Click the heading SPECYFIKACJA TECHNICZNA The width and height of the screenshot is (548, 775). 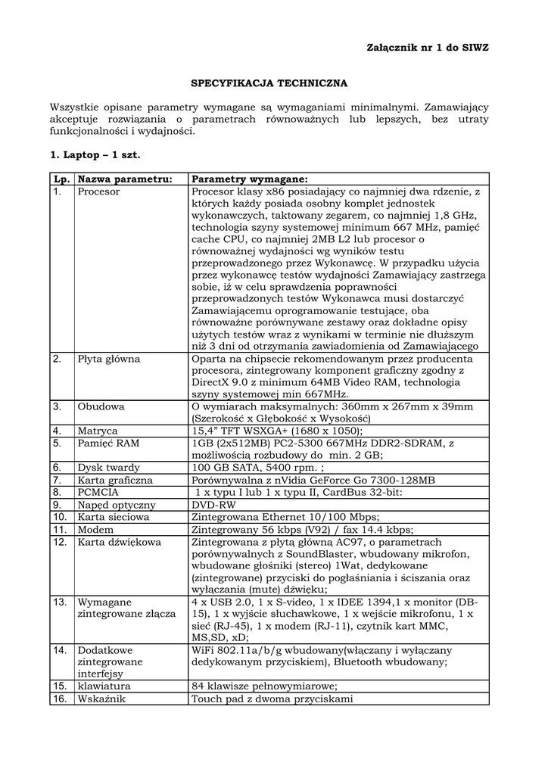click(x=268, y=82)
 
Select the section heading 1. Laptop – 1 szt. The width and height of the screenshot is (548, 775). click(x=95, y=154)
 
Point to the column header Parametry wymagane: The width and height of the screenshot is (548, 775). click(x=250, y=179)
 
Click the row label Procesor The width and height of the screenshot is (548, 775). click(x=98, y=192)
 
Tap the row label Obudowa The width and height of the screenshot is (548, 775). click(x=101, y=406)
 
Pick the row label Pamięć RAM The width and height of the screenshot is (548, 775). click(x=108, y=443)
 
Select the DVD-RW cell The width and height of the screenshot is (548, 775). click(x=215, y=504)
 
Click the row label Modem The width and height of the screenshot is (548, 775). click(x=95, y=529)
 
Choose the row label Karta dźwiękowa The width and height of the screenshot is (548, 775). click(x=119, y=542)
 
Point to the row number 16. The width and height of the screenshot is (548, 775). click(x=59, y=699)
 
